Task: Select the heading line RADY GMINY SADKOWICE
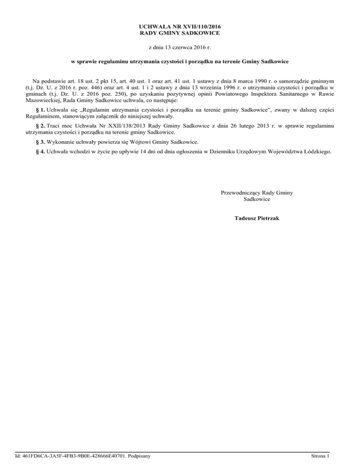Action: point(180,34)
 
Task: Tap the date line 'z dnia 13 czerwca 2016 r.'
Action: point(180,48)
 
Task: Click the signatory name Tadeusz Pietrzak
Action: point(257,218)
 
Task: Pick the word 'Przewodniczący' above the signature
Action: point(240,193)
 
